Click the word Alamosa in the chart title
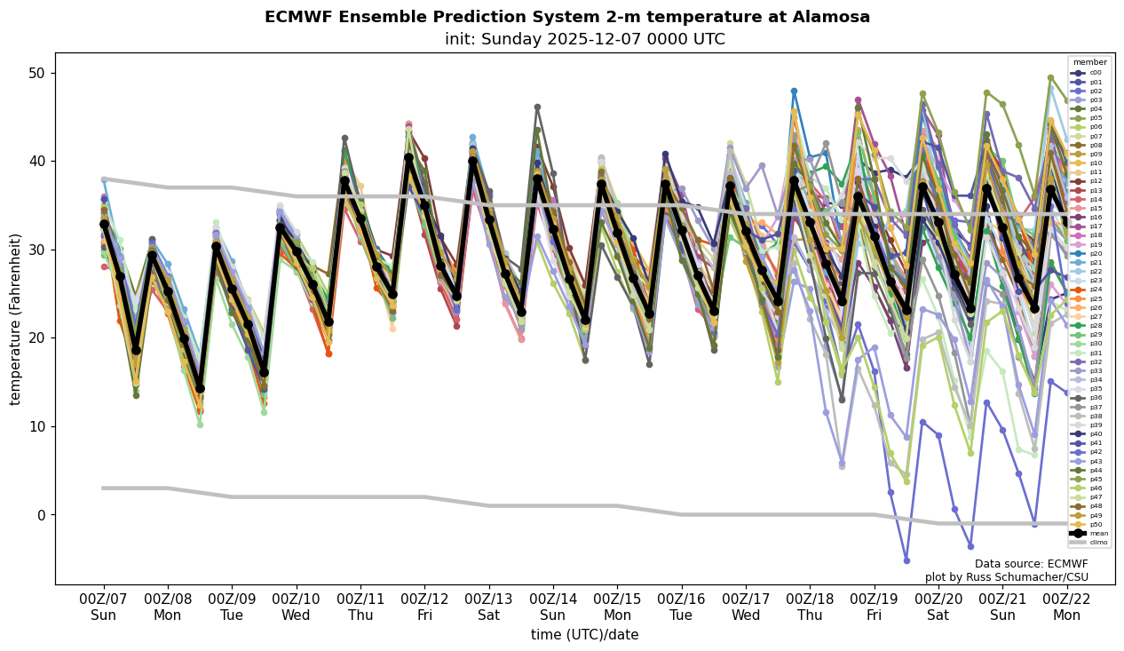coord(832,17)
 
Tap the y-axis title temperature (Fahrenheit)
coord(15,319)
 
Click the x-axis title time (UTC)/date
coord(584,635)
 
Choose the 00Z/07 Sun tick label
coord(104,607)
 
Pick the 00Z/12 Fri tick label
coord(425,607)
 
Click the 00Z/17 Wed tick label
coord(746,607)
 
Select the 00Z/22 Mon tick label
coord(1067,607)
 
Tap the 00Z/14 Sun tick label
coord(553,607)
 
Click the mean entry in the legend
coord(1098,534)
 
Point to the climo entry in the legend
coord(1098,542)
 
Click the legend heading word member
coord(1090,63)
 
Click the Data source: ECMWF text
coord(1031,564)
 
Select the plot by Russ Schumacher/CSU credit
coord(1006,577)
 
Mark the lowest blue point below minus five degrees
coord(906,560)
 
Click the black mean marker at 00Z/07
coord(104,225)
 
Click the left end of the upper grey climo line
coord(104,179)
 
